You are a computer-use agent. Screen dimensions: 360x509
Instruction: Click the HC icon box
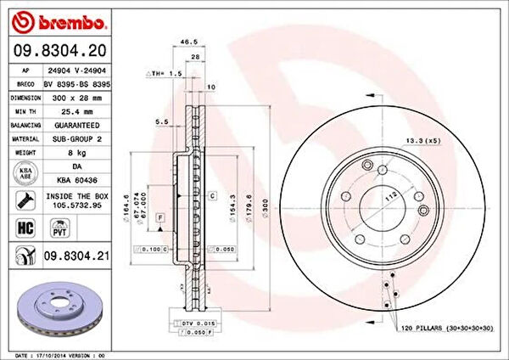[25, 228]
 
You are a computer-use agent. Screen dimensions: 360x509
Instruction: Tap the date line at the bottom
[59, 354]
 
